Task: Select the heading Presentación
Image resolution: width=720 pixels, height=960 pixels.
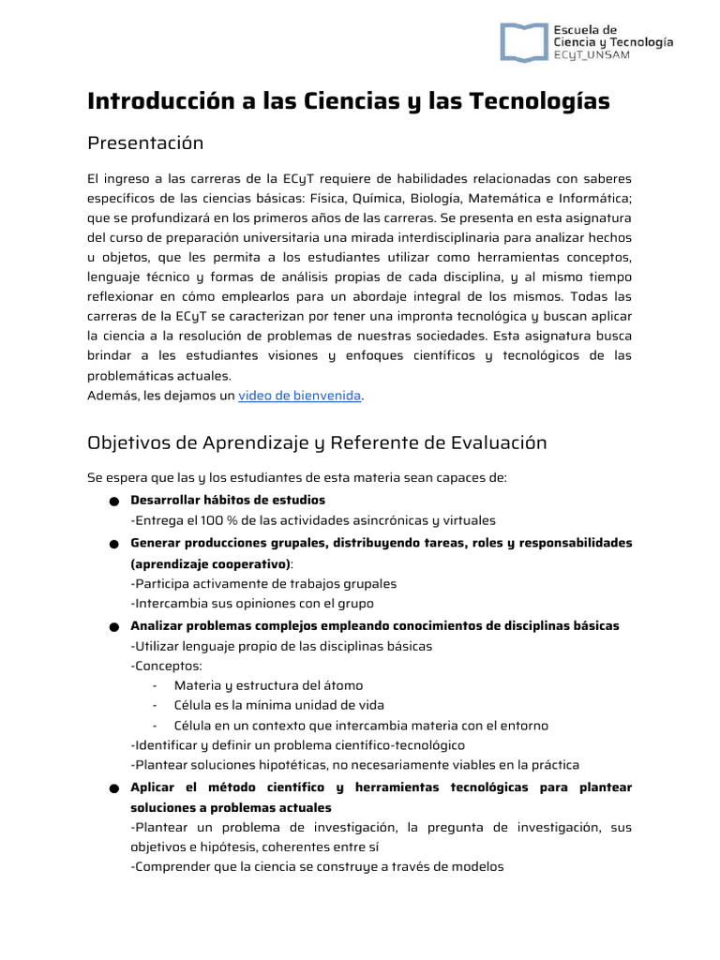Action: pyautogui.click(x=144, y=143)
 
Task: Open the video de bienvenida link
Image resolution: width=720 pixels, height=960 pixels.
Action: pyautogui.click(x=300, y=396)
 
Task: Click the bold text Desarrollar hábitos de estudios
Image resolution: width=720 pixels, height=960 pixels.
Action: pyautogui.click(x=228, y=500)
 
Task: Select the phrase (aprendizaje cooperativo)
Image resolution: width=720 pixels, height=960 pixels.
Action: pyautogui.click(x=211, y=564)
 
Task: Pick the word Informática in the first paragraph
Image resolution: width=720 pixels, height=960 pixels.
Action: pyautogui.click(x=591, y=198)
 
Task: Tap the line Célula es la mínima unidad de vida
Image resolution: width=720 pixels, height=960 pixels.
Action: pyautogui.click(x=278, y=705)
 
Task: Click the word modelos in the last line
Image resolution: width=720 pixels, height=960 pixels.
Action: pyautogui.click(x=476, y=867)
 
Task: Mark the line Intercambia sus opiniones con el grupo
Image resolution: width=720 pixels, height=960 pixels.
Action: pyautogui.click(x=252, y=604)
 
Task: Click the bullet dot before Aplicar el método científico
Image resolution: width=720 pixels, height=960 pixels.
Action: pyautogui.click(x=112, y=788)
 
